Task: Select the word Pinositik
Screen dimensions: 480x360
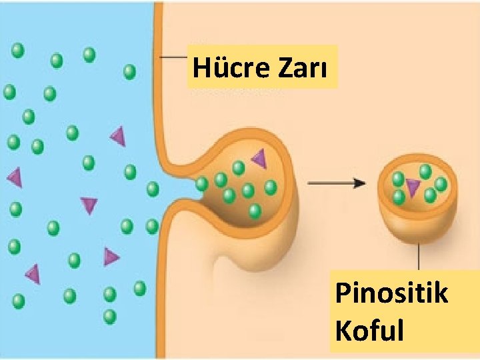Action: [391, 293]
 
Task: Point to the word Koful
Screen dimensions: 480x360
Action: [370, 330]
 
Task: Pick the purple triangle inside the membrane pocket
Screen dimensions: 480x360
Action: [259, 158]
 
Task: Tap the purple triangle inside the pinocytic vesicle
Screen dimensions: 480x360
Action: [413, 189]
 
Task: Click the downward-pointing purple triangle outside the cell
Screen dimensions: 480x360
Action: [89, 205]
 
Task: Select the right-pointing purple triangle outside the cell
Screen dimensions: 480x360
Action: [111, 256]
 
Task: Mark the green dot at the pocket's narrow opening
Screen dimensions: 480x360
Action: [201, 183]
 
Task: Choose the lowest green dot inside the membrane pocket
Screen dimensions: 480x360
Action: [254, 211]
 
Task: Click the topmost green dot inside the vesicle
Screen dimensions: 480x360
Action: [425, 171]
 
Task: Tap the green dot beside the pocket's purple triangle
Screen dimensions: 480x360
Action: [238, 167]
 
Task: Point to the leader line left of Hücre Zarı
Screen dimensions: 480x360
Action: [175, 57]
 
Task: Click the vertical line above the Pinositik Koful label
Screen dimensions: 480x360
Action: [419, 256]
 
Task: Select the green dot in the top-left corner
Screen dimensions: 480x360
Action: [18, 49]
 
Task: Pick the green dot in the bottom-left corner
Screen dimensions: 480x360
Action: [18, 301]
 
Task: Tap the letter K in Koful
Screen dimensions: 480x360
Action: [343, 330]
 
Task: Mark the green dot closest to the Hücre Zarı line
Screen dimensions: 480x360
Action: [129, 71]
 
